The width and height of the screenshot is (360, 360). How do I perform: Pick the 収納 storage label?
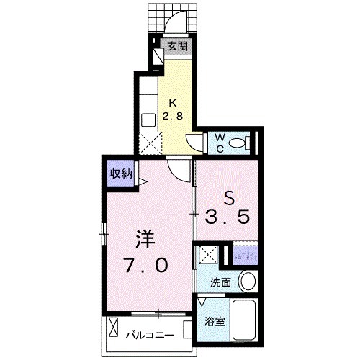121,173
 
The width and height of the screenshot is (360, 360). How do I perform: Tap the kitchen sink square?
148,120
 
